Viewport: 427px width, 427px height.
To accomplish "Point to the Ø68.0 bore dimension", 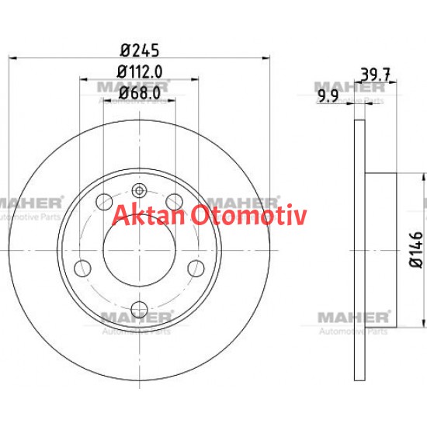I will [x=140, y=92].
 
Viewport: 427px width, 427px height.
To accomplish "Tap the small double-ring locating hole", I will [x=140, y=190].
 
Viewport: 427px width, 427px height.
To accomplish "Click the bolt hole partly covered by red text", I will [x=175, y=203].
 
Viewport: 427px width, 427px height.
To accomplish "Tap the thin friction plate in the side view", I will [x=359, y=248].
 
